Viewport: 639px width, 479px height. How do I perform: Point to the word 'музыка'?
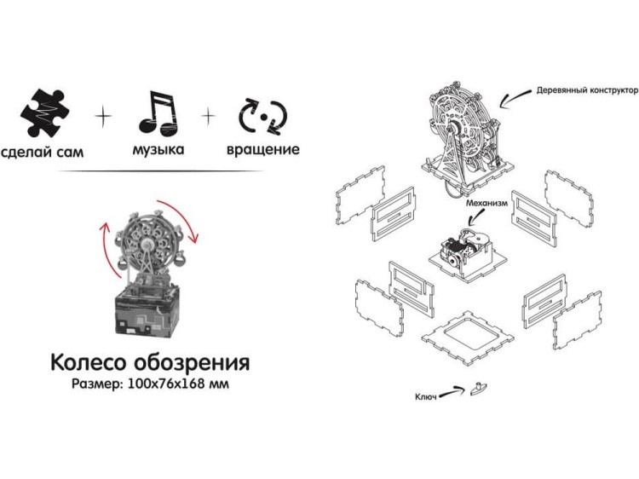tap(158, 150)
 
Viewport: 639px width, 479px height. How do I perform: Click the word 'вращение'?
tap(263, 150)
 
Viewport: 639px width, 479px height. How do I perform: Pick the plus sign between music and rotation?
tap(209, 113)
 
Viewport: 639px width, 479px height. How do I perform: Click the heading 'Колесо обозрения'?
tap(150, 362)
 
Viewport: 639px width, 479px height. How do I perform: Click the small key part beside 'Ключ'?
tap(479, 388)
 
